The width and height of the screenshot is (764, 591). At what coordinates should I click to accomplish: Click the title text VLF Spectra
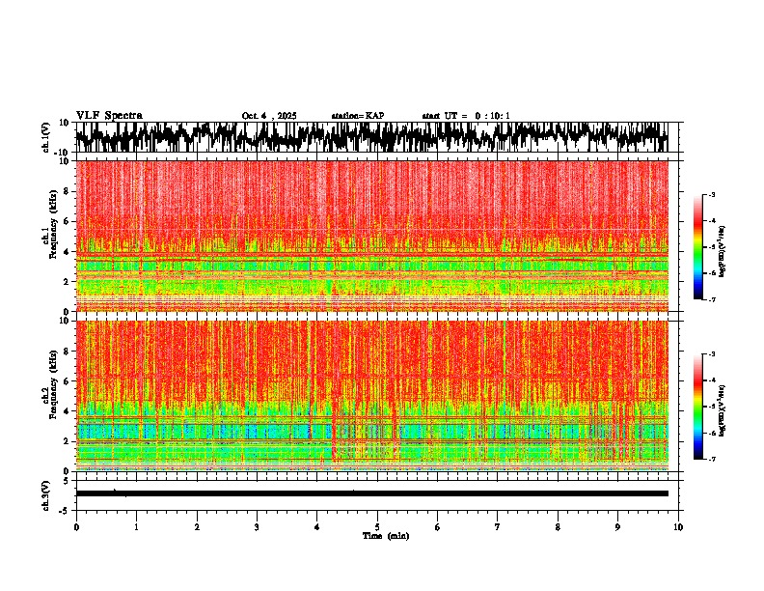[109, 115]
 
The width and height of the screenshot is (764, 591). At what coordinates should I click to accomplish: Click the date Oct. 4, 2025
[269, 116]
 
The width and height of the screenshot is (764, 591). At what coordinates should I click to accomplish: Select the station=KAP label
[358, 116]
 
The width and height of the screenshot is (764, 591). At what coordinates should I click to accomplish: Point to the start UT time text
[466, 116]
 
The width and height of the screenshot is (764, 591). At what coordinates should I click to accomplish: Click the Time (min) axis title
[385, 536]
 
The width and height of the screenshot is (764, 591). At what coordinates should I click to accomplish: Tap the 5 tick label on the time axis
[377, 527]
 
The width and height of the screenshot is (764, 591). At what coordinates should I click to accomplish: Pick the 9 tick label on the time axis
[618, 527]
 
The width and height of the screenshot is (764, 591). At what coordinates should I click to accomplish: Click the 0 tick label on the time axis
[76, 527]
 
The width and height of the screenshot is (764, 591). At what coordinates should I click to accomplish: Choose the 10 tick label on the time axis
[678, 527]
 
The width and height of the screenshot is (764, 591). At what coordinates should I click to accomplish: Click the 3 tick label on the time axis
[257, 527]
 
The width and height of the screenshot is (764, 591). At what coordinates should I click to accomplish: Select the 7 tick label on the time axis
[498, 527]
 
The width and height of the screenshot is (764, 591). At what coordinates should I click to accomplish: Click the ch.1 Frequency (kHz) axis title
[50, 237]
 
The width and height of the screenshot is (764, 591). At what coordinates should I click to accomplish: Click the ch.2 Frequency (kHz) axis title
[50, 396]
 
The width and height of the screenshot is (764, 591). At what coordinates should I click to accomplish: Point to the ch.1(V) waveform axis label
[46, 137]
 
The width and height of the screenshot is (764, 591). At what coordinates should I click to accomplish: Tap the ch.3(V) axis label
[46, 493]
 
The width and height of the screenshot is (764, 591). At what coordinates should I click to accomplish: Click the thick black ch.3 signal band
[371, 493]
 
